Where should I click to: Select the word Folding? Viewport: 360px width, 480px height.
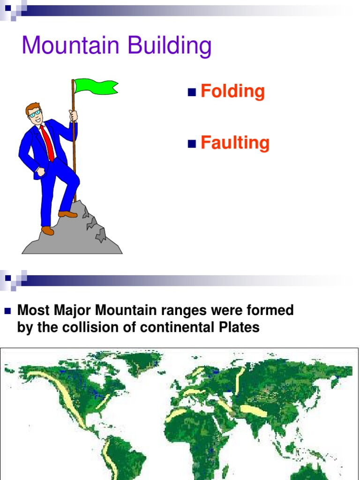(x=232, y=91)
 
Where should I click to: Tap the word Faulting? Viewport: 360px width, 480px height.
(x=235, y=143)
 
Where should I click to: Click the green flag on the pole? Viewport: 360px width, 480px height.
(x=96, y=87)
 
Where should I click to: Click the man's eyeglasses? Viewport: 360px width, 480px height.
(x=34, y=113)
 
